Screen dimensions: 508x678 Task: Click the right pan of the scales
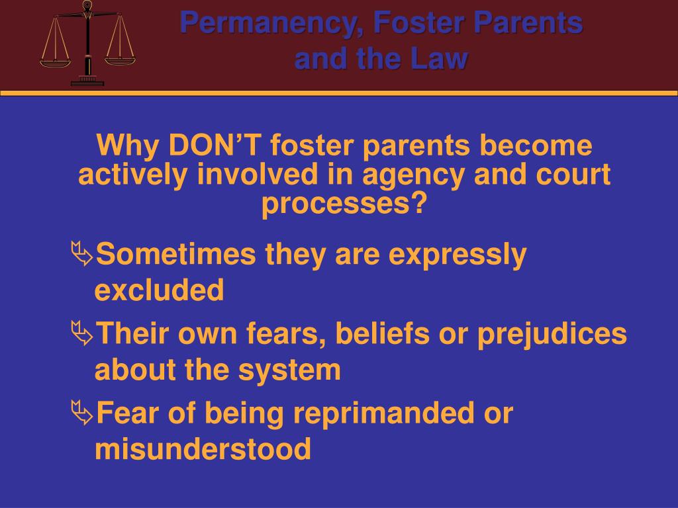pos(120,60)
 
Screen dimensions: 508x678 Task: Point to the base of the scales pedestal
pos(87,82)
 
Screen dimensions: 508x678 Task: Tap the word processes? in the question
pos(344,205)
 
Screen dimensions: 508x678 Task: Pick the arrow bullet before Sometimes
pos(82,252)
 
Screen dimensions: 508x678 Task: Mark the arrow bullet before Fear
pos(82,412)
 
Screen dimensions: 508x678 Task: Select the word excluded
pos(160,290)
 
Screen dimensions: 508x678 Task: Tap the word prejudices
pos(552,335)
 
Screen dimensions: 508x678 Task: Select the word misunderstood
pos(203,450)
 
